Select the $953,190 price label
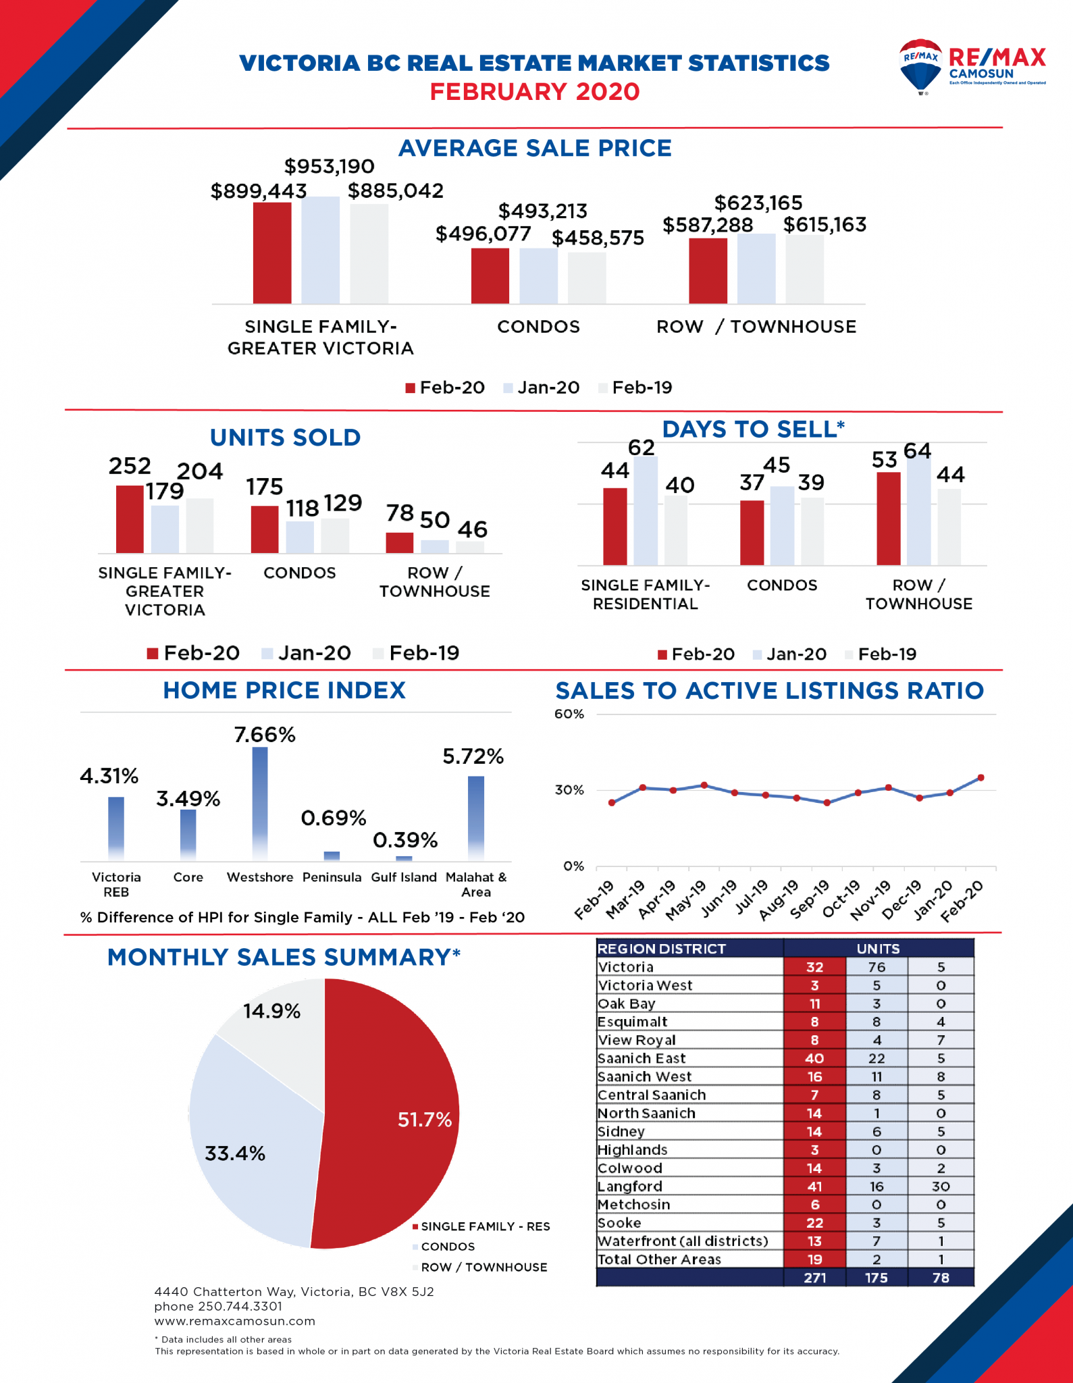click(329, 166)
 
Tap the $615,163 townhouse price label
click(825, 224)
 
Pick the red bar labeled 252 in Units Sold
click(130, 519)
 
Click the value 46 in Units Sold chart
click(472, 529)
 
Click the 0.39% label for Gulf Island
click(405, 840)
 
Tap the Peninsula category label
click(332, 877)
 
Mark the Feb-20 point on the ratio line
click(980, 778)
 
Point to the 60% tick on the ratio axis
click(569, 714)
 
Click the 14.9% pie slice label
click(271, 1011)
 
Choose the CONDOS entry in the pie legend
click(447, 1247)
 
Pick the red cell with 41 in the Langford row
click(814, 1186)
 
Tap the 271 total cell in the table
click(814, 1278)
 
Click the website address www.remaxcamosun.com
click(234, 1321)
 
